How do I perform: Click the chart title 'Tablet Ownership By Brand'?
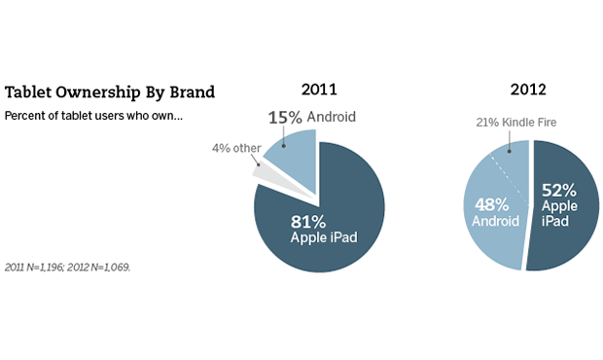point(110,93)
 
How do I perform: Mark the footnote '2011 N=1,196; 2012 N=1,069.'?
point(68,267)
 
